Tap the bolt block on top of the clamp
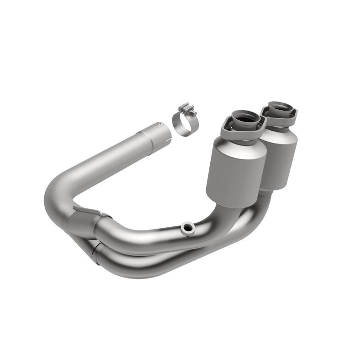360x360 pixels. point(185,109)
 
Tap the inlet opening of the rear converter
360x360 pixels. point(279,109)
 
